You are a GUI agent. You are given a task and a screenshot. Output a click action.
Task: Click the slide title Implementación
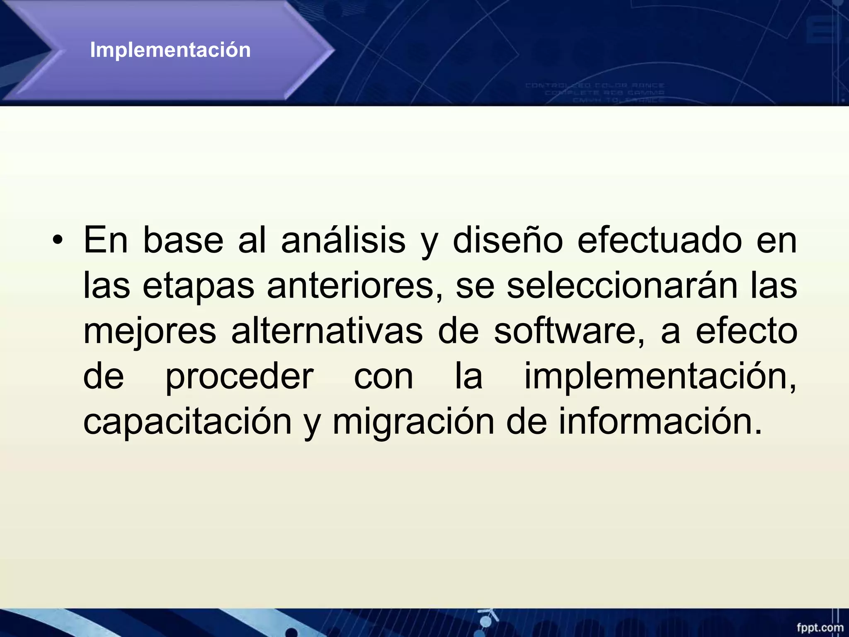pyautogui.click(x=170, y=50)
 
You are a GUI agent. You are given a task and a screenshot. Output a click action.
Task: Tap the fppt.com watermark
pyautogui.click(x=820, y=627)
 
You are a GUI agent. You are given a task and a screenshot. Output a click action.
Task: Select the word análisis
pyautogui.click(x=343, y=241)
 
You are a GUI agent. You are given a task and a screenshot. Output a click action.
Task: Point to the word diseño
pyautogui.click(x=507, y=241)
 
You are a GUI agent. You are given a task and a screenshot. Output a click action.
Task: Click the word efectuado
pyautogui.click(x=659, y=241)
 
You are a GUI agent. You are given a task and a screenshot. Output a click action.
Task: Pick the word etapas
pyautogui.click(x=198, y=286)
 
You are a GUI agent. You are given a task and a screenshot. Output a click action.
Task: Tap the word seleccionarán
pyautogui.click(x=622, y=286)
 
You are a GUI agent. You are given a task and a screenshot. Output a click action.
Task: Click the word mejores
pyautogui.click(x=150, y=332)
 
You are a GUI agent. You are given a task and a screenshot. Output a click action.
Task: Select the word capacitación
pyautogui.click(x=188, y=422)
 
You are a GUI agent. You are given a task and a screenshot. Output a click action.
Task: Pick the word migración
pyautogui.click(x=413, y=422)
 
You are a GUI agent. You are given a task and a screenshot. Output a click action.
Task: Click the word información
pyautogui.click(x=659, y=421)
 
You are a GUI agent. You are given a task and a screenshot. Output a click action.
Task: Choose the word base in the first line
pyautogui.click(x=183, y=241)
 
